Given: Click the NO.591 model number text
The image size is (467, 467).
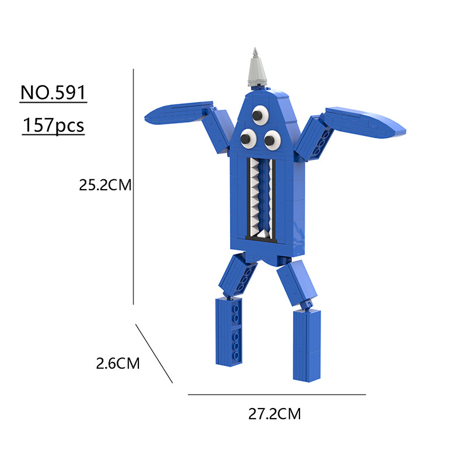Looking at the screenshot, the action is [x=53, y=92].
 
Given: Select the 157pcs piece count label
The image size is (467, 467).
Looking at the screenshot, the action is [x=53, y=125].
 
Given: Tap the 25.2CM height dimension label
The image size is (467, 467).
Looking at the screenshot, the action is [x=105, y=185].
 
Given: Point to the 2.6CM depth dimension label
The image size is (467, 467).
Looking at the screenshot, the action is [x=118, y=363].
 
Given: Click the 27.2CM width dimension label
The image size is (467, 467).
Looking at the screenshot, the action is [x=274, y=414].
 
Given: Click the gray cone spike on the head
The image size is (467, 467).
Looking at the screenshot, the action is [x=256, y=67].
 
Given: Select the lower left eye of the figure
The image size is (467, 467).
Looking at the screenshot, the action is [x=249, y=138].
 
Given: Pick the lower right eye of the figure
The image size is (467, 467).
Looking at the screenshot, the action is [x=272, y=140].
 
